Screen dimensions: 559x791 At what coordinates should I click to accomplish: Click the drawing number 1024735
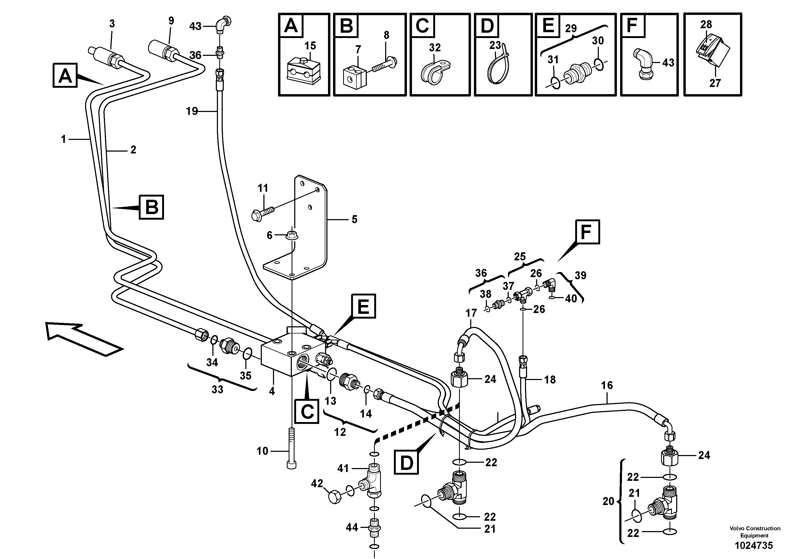[x=754, y=545]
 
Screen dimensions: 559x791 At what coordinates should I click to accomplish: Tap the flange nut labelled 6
[x=292, y=236]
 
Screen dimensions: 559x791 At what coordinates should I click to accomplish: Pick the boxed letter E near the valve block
[x=363, y=306]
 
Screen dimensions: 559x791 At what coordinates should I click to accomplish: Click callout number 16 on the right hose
[x=607, y=385]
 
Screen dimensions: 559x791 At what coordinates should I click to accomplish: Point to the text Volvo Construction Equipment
[x=755, y=532]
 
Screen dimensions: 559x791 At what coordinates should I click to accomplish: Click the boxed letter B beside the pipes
[x=152, y=207]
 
